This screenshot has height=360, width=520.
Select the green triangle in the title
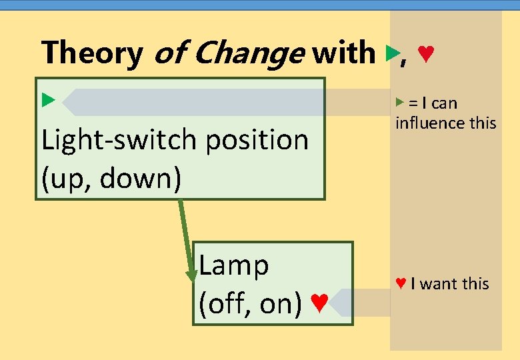391,53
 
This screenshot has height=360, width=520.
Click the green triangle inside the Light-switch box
47,101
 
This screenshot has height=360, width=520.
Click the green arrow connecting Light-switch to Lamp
185,240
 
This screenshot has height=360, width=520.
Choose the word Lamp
234,265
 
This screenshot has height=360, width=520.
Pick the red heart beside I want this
401,283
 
